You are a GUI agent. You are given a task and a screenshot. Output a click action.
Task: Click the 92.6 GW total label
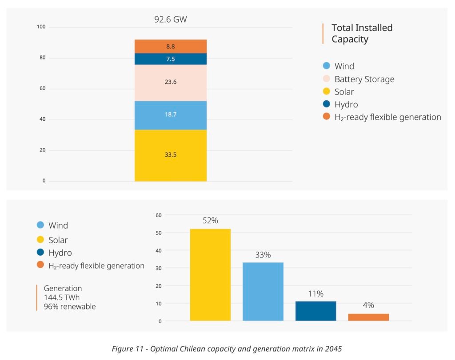click(170, 20)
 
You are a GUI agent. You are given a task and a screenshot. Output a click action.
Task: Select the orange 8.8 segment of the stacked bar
click(171, 46)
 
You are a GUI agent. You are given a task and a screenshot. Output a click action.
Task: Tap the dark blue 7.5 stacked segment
click(171, 59)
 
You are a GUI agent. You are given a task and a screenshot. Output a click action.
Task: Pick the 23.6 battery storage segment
click(171, 83)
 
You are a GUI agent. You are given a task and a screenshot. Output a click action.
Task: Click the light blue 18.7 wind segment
click(171, 115)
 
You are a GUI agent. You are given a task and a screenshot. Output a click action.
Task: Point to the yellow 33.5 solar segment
click(171, 155)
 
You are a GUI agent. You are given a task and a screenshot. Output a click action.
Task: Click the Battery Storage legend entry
click(364, 79)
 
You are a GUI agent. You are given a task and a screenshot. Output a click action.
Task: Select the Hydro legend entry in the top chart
click(346, 105)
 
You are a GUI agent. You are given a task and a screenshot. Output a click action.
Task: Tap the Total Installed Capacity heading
click(362, 33)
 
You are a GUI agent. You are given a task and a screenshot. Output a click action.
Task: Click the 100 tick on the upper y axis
click(41, 28)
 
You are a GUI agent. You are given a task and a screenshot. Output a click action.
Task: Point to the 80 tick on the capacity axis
click(41, 58)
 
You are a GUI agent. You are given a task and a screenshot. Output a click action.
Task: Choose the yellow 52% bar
click(210, 275)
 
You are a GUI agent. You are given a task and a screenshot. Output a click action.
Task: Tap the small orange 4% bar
click(368, 317)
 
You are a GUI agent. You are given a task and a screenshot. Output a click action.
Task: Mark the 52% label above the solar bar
click(210, 221)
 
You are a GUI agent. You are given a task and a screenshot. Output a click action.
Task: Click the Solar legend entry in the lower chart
click(58, 240)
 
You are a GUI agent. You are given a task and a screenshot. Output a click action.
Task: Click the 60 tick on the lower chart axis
click(159, 215)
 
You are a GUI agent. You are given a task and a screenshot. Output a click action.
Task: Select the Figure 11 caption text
click(227, 349)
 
